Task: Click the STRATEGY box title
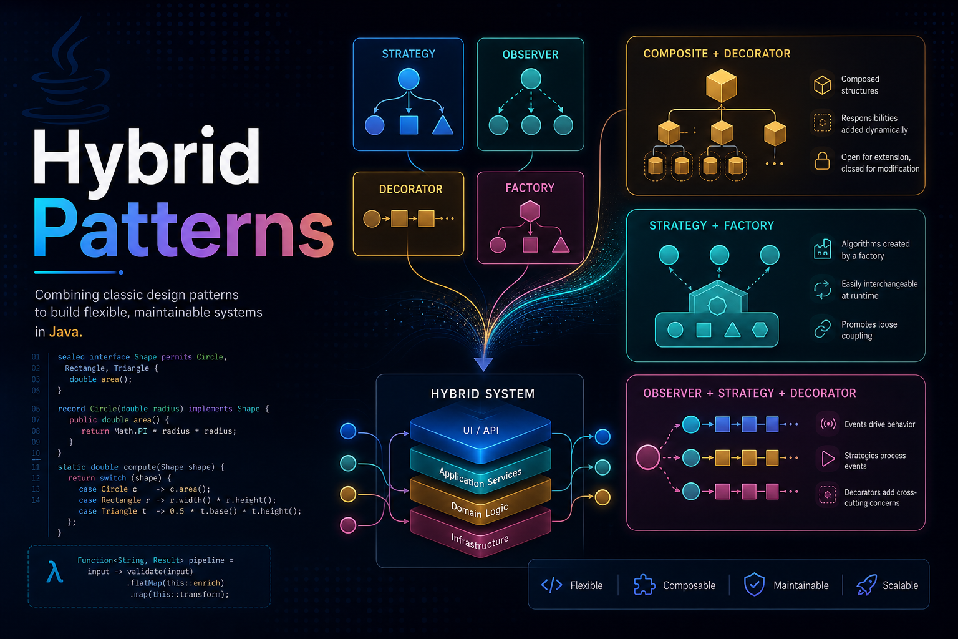tap(409, 54)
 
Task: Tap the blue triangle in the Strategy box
tap(443, 126)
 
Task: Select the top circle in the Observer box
tap(531, 79)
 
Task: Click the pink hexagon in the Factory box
tap(530, 212)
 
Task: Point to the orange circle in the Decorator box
tap(372, 218)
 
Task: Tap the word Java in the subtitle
tap(65, 332)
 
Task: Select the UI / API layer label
tap(481, 431)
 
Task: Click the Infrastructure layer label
tap(480, 542)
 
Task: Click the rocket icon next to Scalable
tap(866, 585)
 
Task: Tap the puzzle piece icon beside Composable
tap(644, 585)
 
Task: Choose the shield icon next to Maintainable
tap(755, 585)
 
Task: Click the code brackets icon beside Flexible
tap(552, 585)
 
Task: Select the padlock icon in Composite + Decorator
tap(822, 161)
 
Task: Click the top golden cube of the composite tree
tap(722, 86)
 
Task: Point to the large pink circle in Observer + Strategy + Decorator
tap(648, 457)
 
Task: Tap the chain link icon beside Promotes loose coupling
tap(822, 329)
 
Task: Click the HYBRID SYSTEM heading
tap(482, 394)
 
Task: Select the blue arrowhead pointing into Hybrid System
tap(484, 364)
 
